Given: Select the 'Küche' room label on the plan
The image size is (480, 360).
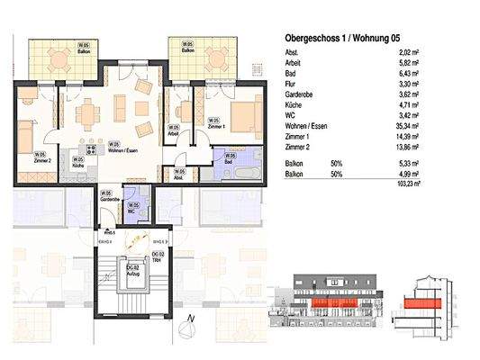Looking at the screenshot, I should (78, 165).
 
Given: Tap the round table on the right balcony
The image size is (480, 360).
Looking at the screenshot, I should (216, 62).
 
